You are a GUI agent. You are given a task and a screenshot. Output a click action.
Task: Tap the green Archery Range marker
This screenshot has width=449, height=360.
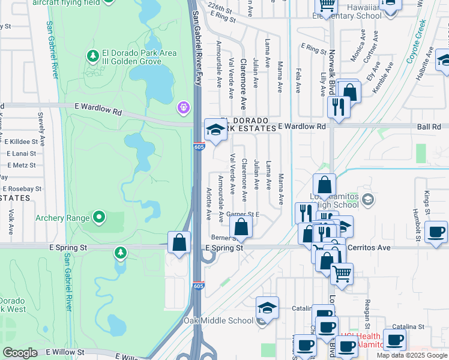(99, 217)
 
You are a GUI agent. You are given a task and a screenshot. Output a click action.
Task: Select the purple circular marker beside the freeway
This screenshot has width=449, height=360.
(183, 108)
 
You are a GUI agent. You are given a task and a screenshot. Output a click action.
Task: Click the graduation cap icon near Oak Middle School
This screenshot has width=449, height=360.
(267, 308)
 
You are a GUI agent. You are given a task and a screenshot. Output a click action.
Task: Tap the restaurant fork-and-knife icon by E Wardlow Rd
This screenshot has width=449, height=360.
(339, 107)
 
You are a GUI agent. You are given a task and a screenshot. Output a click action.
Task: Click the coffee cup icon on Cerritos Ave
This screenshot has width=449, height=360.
(435, 232)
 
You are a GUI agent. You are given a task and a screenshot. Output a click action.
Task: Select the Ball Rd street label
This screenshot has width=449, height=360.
(429, 127)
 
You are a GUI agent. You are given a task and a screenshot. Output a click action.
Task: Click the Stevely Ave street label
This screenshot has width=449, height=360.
(41, 125)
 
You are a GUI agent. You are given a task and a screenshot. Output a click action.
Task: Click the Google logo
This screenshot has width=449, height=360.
(20, 353)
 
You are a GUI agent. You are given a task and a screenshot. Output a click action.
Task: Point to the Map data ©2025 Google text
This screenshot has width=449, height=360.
(412, 355)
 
